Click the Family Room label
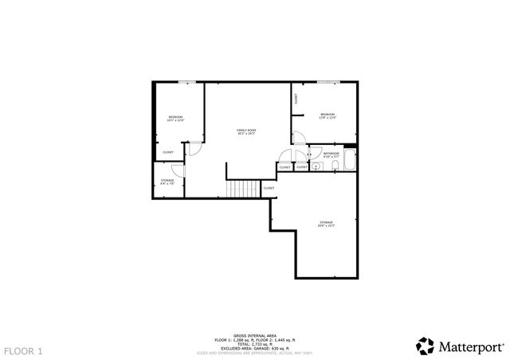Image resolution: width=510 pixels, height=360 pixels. [x=246, y=131]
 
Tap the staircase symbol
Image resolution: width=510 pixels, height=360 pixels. [x=245, y=189]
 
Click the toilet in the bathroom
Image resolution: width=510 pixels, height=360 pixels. [x=316, y=167]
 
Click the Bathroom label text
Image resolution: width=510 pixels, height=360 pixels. [x=331, y=154]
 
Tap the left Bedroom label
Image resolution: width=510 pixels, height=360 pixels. [x=175, y=119]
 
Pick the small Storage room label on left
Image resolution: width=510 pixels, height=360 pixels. [x=167, y=182]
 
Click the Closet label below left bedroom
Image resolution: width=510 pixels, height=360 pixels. [x=168, y=152]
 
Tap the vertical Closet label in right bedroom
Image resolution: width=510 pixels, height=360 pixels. [x=296, y=100]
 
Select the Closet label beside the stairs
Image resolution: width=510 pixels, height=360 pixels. [x=269, y=188]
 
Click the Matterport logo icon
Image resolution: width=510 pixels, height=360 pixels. [x=425, y=346]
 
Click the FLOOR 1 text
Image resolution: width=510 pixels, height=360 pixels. [x=23, y=350]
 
